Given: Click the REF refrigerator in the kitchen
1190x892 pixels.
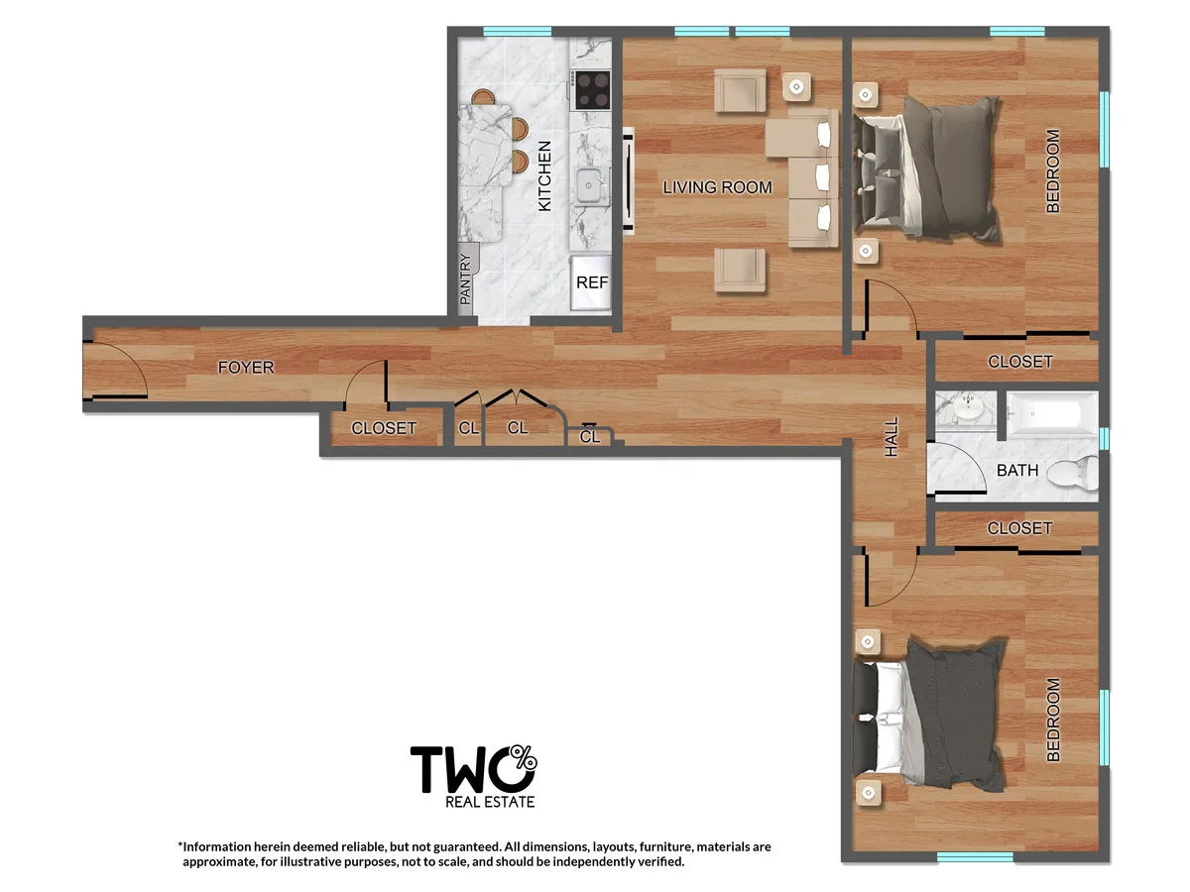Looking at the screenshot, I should click(x=592, y=282).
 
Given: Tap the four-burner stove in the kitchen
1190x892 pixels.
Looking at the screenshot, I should click(x=593, y=90).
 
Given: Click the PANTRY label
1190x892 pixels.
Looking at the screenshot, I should click(x=465, y=279).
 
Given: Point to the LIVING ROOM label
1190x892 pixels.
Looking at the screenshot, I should click(x=717, y=187).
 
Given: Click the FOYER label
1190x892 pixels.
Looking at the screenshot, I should click(x=246, y=368).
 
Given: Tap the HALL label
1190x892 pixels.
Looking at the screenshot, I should click(x=891, y=437).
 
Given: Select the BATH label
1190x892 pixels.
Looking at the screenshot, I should click(x=1017, y=470).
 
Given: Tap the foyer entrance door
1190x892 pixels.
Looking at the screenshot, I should click(x=117, y=373).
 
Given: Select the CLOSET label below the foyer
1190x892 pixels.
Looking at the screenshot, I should click(x=384, y=429).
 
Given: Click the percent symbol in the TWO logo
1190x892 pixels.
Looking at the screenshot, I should click(x=526, y=760).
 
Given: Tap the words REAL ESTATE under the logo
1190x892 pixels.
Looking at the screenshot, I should click(x=490, y=801).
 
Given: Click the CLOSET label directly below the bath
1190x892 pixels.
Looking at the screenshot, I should click(x=1019, y=528).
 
